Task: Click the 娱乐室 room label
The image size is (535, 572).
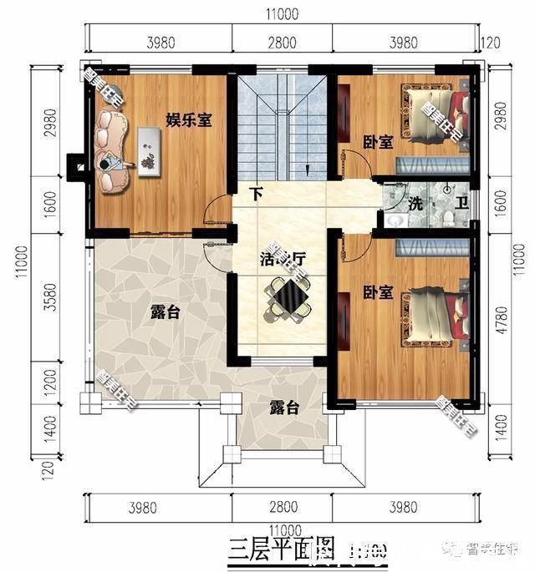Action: click(188, 120)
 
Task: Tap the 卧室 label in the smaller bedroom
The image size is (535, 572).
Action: click(378, 143)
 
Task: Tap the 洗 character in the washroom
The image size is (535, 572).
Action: click(415, 203)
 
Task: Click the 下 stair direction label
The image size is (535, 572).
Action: click(257, 195)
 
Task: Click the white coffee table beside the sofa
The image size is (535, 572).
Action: click(150, 151)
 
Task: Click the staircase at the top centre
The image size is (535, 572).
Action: click(282, 125)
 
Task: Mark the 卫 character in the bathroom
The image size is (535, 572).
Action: click(461, 203)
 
